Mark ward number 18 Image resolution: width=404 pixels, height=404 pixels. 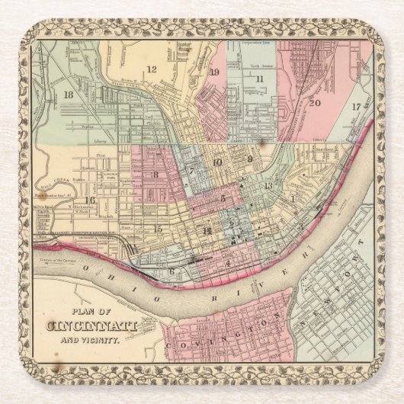coord(69,95)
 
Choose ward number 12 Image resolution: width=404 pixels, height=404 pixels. coord(151,69)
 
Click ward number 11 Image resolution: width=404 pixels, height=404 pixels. coord(260,79)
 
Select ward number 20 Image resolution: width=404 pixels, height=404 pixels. coord(315,101)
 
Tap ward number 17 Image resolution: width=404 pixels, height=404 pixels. coord(355,107)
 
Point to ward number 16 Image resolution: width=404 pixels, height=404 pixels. coord(90,200)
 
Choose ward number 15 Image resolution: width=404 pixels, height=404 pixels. coord(158,228)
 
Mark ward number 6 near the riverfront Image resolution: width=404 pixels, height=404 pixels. coord(172,271)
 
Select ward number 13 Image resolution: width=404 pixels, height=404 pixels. coord(268,185)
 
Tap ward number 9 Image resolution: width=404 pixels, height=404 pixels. coord(249,159)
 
